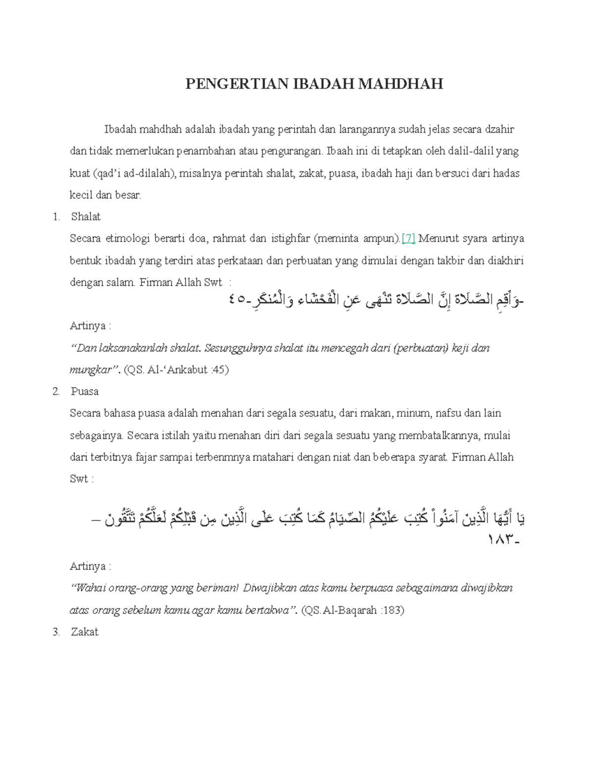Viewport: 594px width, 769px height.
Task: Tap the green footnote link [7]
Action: click(x=409, y=239)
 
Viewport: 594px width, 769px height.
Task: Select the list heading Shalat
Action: click(x=86, y=217)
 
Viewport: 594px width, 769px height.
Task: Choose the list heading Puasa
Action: click(x=85, y=392)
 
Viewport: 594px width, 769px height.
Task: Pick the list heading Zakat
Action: click(x=85, y=632)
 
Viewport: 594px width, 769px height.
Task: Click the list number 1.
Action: click(x=56, y=217)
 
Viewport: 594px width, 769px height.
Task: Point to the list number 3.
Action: click(x=56, y=632)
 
